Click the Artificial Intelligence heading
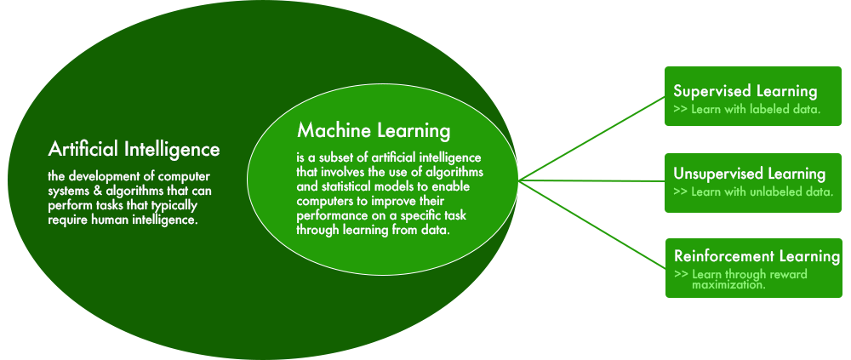[134, 149]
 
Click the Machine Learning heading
[374, 131]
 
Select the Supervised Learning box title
[745, 91]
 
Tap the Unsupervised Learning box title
[750, 174]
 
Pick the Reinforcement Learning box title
[757, 256]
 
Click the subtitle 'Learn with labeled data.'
[756, 109]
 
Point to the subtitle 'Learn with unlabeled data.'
[762, 191]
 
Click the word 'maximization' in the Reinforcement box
[727, 285]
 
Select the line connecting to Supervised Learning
[592, 139]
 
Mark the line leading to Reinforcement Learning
[592, 224]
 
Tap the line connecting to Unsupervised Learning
[592, 180]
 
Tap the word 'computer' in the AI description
[186, 178]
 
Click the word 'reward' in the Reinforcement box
[791, 274]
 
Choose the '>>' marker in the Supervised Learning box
[681, 109]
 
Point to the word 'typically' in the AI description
[176, 206]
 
